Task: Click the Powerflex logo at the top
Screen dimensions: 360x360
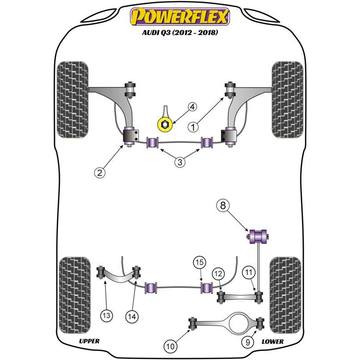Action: pos(180,17)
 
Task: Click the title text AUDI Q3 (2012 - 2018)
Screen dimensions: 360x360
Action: pos(180,32)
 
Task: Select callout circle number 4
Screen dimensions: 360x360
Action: pos(192,107)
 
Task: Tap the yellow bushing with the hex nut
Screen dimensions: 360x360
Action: pos(165,125)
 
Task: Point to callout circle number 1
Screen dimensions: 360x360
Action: pos(193,127)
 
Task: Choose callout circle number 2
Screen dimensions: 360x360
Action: pos(99,172)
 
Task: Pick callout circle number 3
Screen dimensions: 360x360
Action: pos(180,162)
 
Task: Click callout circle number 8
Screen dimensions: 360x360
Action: pos(223,205)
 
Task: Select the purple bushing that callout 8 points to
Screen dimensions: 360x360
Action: pos(258,237)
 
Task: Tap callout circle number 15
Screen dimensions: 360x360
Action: pos(199,262)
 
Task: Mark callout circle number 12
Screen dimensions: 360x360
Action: pos(218,274)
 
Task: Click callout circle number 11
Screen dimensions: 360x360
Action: pos(249,272)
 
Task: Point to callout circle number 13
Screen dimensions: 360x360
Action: pos(107,315)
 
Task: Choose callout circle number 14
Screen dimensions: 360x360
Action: pos(132,317)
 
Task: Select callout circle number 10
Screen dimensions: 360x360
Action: pos(170,346)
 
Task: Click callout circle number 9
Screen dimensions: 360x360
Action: pos(248,342)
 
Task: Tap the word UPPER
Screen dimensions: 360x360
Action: pos(89,341)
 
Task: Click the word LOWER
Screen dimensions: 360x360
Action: pos(273,342)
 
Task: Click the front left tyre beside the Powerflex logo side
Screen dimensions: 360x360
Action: pos(72,99)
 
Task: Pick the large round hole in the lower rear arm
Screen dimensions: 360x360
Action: pos(238,323)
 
